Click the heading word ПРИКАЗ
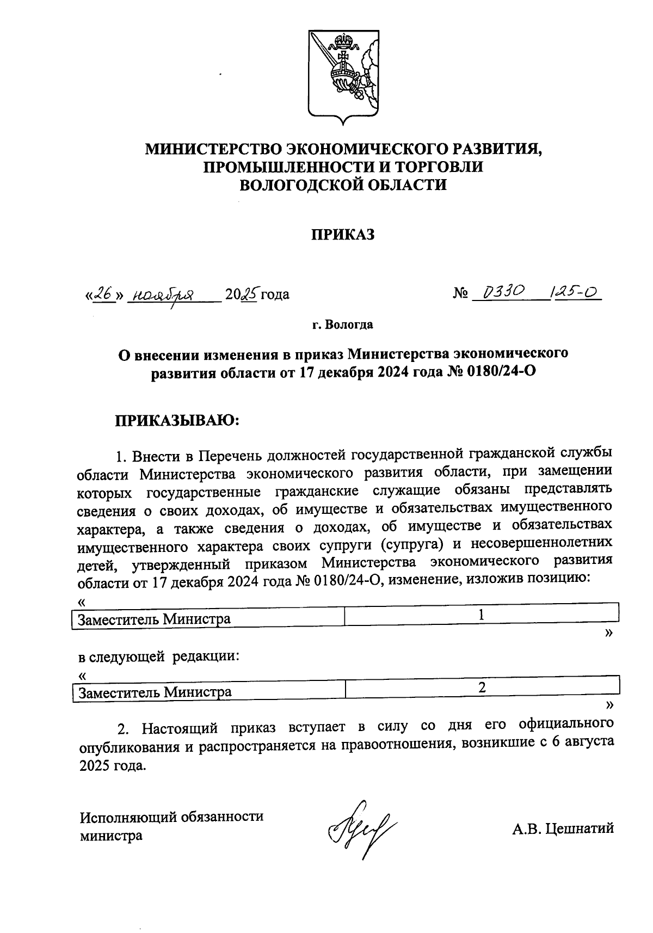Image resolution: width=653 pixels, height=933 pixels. coord(343,235)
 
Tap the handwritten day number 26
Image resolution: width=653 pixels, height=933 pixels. coord(103,294)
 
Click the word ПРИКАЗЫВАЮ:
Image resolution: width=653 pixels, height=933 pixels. coord(177,421)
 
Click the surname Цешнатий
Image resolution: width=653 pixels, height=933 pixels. coord(580,828)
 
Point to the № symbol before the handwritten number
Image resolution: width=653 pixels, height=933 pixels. coord(460,294)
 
